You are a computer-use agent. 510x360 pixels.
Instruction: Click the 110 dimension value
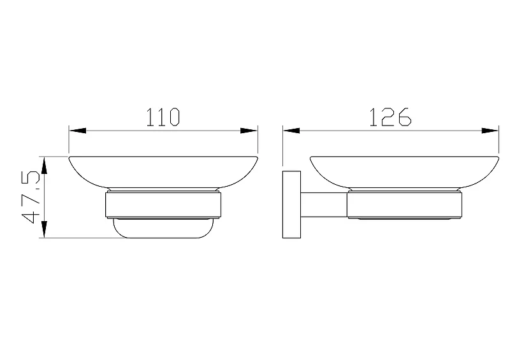click(x=163, y=117)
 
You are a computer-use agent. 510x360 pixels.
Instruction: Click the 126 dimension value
click(x=390, y=117)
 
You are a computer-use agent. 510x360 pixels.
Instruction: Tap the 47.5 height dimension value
click(x=31, y=196)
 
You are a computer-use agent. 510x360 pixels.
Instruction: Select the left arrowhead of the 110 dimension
click(x=78, y=131)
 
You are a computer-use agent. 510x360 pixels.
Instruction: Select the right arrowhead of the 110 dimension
click(x=249, y=131)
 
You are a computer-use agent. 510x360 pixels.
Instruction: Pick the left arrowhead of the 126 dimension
click(x=291, y=131)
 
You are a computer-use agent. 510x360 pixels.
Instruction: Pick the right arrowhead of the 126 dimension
click(x=490, y=131)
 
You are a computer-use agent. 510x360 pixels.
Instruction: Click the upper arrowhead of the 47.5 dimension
click(x=44, y=165)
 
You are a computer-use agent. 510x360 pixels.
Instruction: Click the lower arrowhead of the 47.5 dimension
click(x=44, y=229)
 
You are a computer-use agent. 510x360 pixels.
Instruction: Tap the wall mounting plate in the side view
click(x=291, y=205)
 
